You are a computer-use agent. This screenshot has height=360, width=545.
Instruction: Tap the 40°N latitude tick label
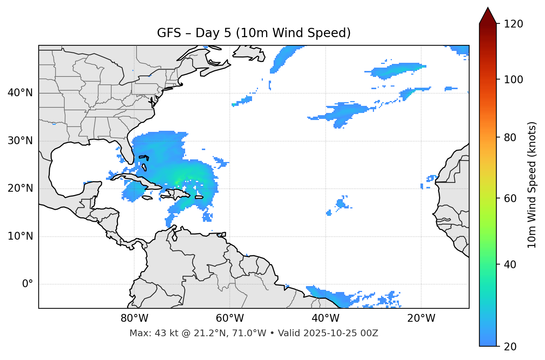tap(20, 93)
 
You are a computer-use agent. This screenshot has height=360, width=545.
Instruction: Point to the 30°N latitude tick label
tap(20, 141)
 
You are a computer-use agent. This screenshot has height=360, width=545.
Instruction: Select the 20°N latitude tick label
tap(20, 188)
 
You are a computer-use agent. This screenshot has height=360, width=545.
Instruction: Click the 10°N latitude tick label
tap(20, 236)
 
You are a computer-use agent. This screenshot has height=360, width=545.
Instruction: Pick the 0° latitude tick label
tap(28, 284)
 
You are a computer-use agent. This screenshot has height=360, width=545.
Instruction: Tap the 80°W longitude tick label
tap(134, 318)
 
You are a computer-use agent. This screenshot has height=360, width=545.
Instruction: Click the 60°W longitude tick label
tap(230, 318)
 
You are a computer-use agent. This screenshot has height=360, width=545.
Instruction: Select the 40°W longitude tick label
tap(326, 318)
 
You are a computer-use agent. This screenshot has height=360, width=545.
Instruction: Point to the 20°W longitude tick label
tap(421, 318)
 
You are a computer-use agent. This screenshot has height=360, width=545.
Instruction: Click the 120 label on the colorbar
tap(513, 24)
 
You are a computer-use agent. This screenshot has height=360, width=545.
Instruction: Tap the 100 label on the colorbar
tap(513, 80)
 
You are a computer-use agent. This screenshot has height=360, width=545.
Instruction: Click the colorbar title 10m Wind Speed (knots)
tap(532, 185)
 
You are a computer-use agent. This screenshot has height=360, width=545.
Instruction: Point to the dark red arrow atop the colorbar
tap(488, 16)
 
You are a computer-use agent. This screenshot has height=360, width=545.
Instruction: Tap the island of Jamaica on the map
tap(147, 198)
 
